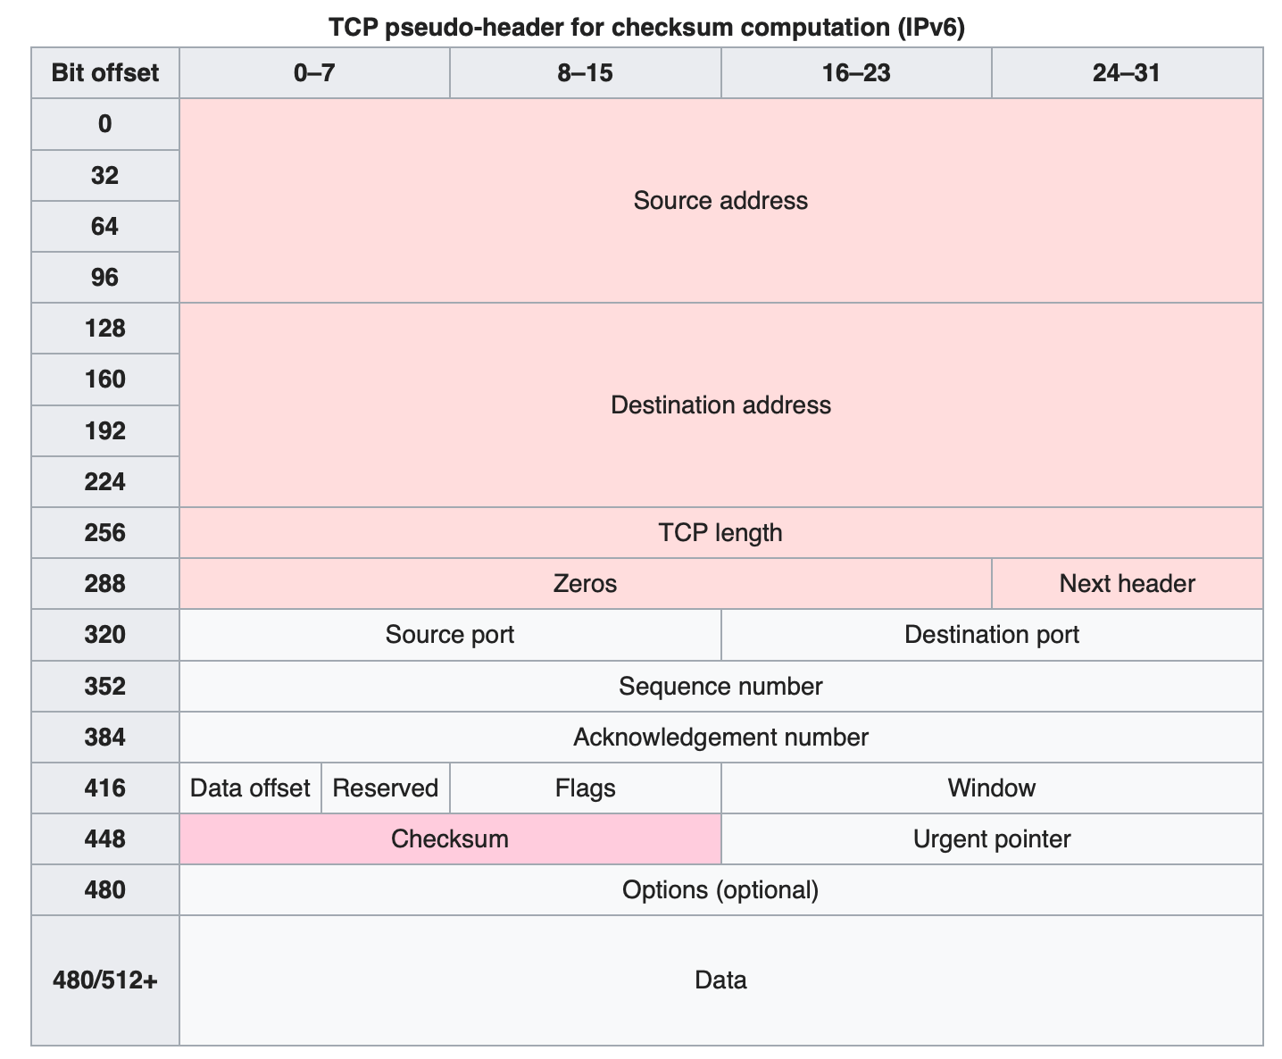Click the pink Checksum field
click(x=450, y=838)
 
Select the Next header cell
click(x=1127, y=583)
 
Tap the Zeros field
click(x=585, y=583)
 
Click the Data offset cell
click(x=250, y=788)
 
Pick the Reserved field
click(x=385, y=788)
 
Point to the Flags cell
click(x=585, y=788)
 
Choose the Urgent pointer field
click(x=991, y=838)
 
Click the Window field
click(x=991, y=788)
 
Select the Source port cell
click(x=450, y=634)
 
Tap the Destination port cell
click(x=991, y=634)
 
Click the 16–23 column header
click(x=856, y=72)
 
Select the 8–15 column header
click(x=585, y=72)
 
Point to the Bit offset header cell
click(x=105, y=72)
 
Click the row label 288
click(x=105, y=583)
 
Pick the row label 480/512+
click(x=105, y=980)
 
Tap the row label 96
click(x=105, y=277)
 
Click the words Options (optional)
click(x=720, y=889)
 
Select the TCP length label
click(x=720, y=532)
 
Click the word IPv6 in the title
click(x=930, y=27)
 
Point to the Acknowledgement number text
click(x=720, y=737)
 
